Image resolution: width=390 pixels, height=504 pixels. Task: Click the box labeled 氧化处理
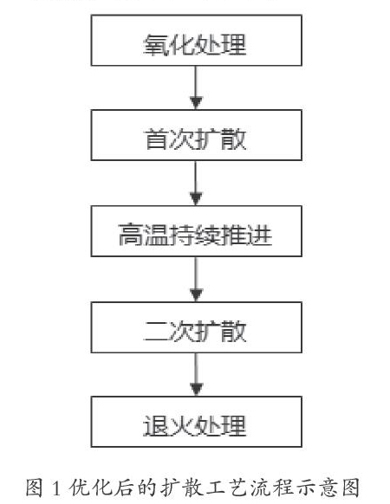coord(196,40)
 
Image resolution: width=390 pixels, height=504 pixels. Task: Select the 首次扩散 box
coord(196,135)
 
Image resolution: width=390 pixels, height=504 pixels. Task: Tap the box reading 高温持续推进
coord(196,231)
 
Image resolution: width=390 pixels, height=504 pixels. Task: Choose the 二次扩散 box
coord(196,327)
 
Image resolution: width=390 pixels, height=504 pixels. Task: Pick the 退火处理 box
coord(196,422)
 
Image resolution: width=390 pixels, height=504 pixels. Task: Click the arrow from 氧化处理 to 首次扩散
coord(196,87)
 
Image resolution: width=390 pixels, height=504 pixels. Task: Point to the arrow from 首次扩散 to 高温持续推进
coord(196,183)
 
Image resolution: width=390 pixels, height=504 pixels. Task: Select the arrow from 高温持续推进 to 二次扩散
coord(196,279)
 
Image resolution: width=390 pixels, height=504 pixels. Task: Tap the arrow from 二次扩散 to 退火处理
coord(196,374)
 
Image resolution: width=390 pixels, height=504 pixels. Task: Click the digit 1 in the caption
coord(55,488)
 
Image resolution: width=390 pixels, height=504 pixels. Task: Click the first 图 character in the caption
coord(35,488)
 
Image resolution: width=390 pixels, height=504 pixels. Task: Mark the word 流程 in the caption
coord(272,488)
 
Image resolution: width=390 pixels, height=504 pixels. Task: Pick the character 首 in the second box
coord(157,139)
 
